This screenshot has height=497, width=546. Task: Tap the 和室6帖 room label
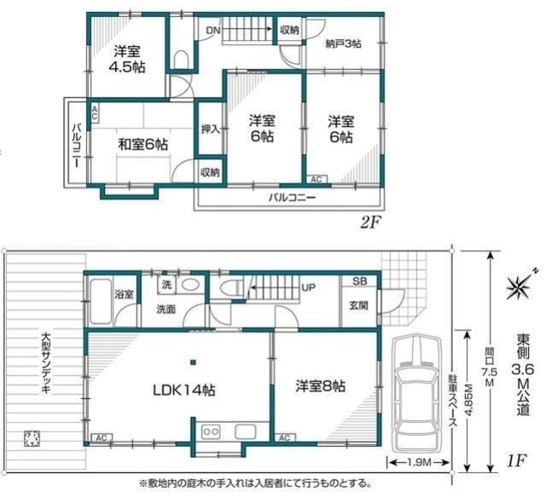[142, 144]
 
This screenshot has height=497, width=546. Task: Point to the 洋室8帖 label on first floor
[322, 386]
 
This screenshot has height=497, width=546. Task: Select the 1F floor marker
[514, 461]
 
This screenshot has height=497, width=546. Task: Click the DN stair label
[212, 31]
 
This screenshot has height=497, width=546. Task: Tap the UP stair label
[308, 286]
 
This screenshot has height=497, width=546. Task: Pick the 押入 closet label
[210, 130]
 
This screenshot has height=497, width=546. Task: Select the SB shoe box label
[358, 282]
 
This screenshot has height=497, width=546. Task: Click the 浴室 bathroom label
[124, 294]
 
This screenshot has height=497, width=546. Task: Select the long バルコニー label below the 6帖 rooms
[293, 197]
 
